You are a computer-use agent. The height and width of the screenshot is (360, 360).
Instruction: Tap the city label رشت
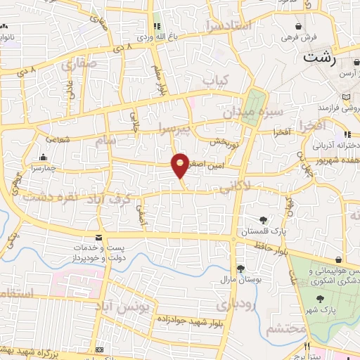click(319, 58)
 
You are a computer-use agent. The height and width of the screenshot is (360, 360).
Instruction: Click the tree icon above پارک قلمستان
click(263, 220)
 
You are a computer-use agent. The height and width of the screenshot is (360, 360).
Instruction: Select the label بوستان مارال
click(240, 279)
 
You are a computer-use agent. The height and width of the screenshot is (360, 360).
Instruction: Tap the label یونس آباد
click(143, 308)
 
